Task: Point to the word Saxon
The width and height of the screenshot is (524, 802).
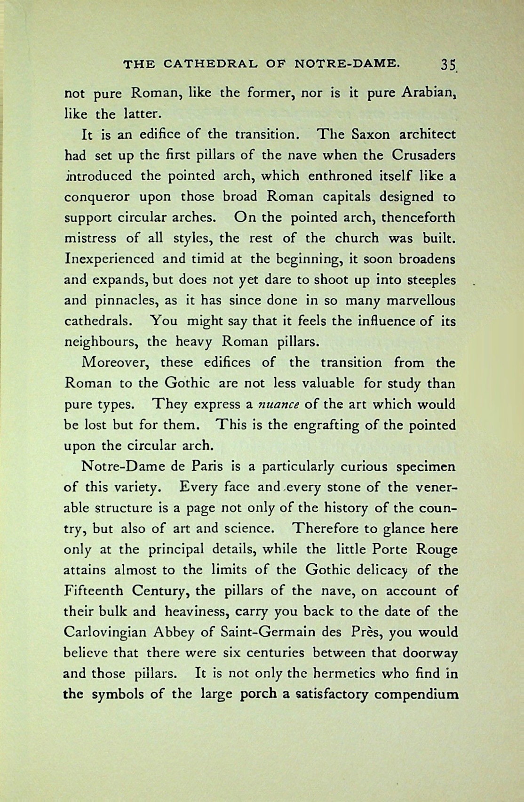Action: pos(372,135)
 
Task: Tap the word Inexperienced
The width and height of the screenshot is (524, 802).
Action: pos(109,259)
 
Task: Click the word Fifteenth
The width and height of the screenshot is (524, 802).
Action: pos(93,591)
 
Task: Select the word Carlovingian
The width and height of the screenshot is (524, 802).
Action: pos(105,632)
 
